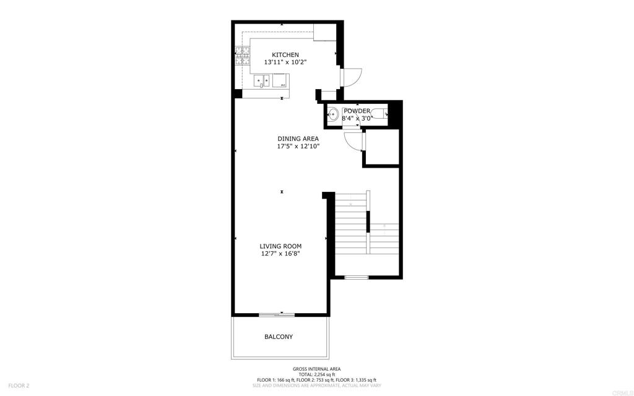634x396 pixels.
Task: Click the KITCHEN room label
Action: coord(285,55)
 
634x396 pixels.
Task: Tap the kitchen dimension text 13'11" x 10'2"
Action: coord(285,62)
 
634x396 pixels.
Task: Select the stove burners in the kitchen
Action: coord(241,57)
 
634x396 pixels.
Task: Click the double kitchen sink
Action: coord(262,80)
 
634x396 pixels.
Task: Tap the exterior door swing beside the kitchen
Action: coord(350,76)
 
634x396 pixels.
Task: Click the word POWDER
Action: coord(357,111)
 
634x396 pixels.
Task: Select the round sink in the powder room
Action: coord(332,114)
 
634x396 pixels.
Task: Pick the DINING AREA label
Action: coord(298,139)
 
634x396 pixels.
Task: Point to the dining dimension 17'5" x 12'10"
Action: coord(298,147)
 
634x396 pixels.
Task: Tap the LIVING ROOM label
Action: coord(280,246)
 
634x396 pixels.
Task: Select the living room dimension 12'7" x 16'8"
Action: coord(280,254)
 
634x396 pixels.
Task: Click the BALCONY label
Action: coord(279,337)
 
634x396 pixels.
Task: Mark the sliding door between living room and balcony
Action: coord(277,315)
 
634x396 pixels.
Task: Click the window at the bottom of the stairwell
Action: coord(356,277)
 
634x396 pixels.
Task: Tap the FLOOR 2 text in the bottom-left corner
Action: coord(19,385)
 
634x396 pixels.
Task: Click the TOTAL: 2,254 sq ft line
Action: coord(317,374)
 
